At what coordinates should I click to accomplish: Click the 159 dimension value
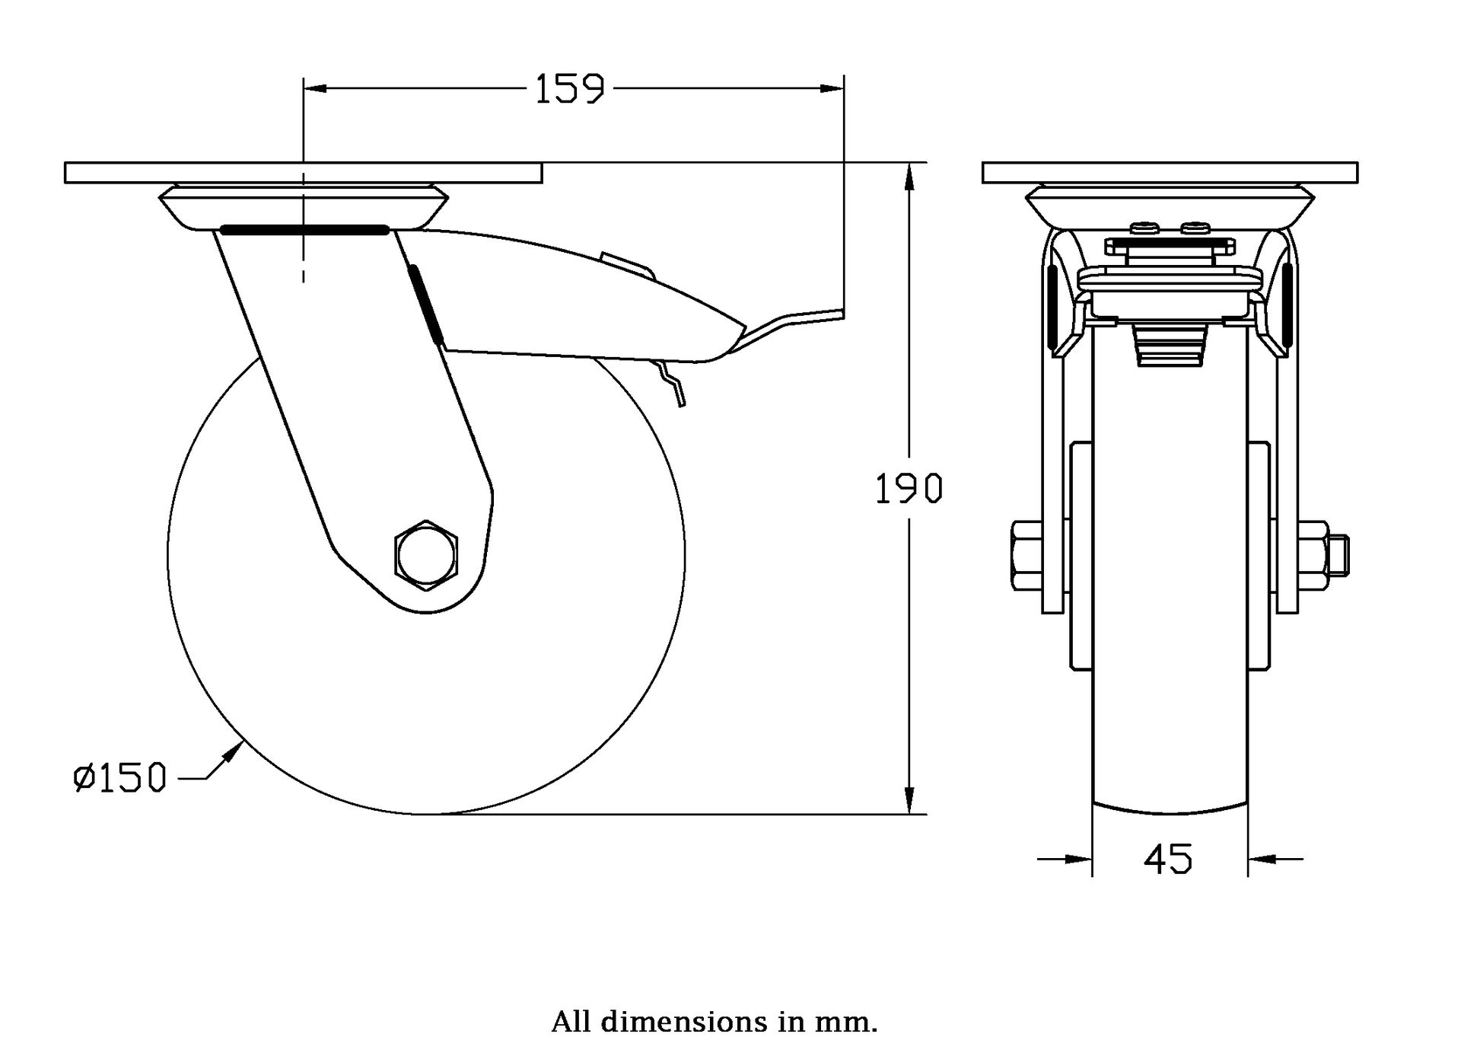pyautogui.click(x=570, y=89)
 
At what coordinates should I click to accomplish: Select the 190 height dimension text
pyautogui.click(x=909, y=489)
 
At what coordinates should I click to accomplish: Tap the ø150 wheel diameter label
pyautogui.click(x=119, y=778)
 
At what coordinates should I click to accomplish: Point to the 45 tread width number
pyautogui.click(x=1169, y=860)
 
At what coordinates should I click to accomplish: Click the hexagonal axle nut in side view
pyautogui.click(x=426, y=556)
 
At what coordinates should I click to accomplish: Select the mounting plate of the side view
pyautogui.click(x=304, y=173)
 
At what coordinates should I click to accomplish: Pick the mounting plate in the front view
pyautogui.click(x=1170, y=173)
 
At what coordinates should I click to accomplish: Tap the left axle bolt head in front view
pyautogui.click(x=1027, y=556)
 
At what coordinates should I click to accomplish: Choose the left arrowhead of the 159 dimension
pyautogui.click(x=316, y=89)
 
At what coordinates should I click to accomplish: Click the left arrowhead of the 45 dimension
pyautogui.click(x=1079, y=860)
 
